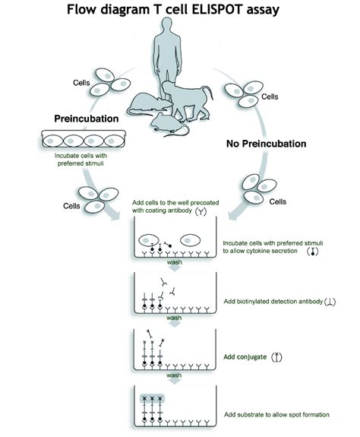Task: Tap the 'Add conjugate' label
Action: [248, 356]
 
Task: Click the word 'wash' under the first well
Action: [174, 263]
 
